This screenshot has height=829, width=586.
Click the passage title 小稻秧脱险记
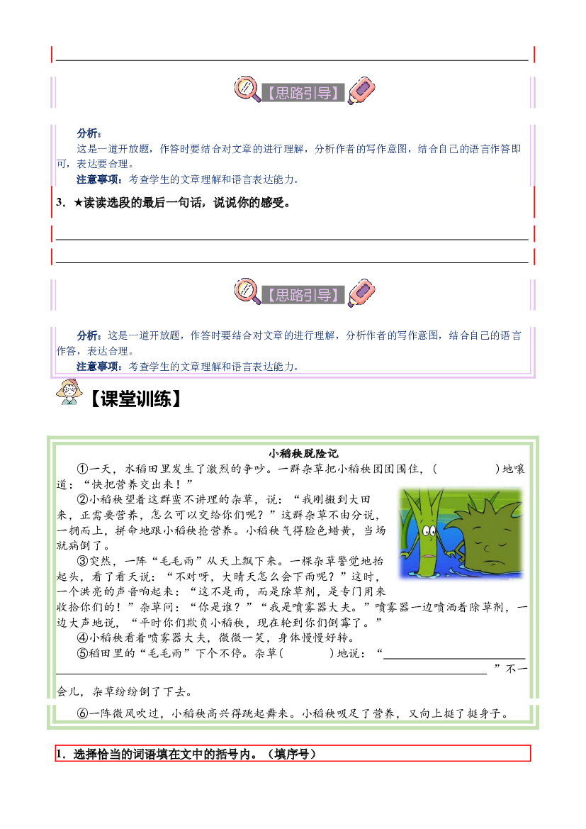coord(303,453)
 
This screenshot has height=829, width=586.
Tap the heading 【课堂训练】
coord(135,399)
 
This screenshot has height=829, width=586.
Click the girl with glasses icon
coord(69,391)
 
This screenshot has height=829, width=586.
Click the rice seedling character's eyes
coord(429,530)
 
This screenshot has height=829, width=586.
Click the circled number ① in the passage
coord(82,469)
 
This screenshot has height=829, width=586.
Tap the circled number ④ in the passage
coord(82,638)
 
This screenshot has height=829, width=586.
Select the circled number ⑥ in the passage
coord(82,713)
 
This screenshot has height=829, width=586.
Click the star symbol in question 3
coord(78,203)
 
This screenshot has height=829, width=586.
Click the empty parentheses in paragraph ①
coord(466,469)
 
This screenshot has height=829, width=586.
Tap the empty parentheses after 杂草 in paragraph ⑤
coord(307,653)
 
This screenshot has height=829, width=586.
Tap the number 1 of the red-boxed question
coord(60,754)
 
